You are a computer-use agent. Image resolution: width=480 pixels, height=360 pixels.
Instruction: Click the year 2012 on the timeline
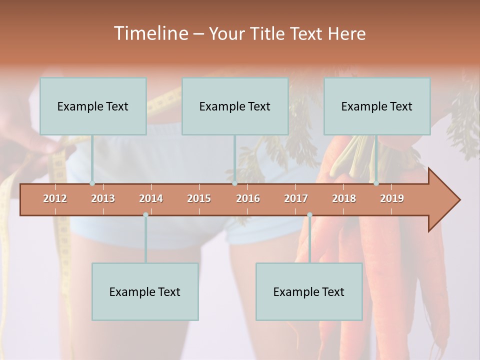pyautogui.click(x=55, y=198)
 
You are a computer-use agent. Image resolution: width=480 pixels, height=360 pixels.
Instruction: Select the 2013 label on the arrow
pyautogui.click(x=103, y=198)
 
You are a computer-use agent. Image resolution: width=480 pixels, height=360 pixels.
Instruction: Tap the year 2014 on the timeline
pyautogui.click(x=151, y=198)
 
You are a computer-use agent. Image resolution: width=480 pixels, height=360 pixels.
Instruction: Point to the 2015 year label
pyautogui.click(x=199, y=198)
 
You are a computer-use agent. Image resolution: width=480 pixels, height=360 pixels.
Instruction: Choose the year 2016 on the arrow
pyautogui.click(x=248, y=198)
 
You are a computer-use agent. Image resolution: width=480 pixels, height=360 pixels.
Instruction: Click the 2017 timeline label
pyautogui.click(x=296, y=198)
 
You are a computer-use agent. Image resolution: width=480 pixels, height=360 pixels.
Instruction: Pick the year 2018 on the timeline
pyautogui.click(x=344, y=198)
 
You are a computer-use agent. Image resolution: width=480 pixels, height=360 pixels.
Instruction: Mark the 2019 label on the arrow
pyautogui.click(x=392, y=198)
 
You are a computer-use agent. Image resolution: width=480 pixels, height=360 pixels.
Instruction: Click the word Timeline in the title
pyautogui.click(x=149, y=33)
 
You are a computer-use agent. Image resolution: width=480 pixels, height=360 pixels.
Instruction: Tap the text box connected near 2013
pyautogui.click(x=93, y=106)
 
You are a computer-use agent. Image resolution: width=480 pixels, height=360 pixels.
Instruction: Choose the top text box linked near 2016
pyautogui.click(x=235, y=106)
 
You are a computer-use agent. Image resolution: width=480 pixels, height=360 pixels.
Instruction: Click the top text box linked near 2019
pyautogui.click(x=377, y=106)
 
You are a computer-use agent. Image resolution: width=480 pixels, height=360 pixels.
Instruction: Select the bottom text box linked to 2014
pyautogui.click(x=145, y=292)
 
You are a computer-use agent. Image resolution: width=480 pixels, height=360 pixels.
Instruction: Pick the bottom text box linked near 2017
pyautogui.click(x=309, y=292)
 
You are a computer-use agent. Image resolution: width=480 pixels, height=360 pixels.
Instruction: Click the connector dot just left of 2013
pyautogui.click(x=92, y=183)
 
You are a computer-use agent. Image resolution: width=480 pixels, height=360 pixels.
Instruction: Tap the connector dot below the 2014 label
pyautogui.click(x=145, y=215)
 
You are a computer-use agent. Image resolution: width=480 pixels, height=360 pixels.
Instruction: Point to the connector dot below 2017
pyautogui.click(x=309, y=215)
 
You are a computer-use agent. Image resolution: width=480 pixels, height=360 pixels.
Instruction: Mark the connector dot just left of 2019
pyautogui.click(x=376, y=183)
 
